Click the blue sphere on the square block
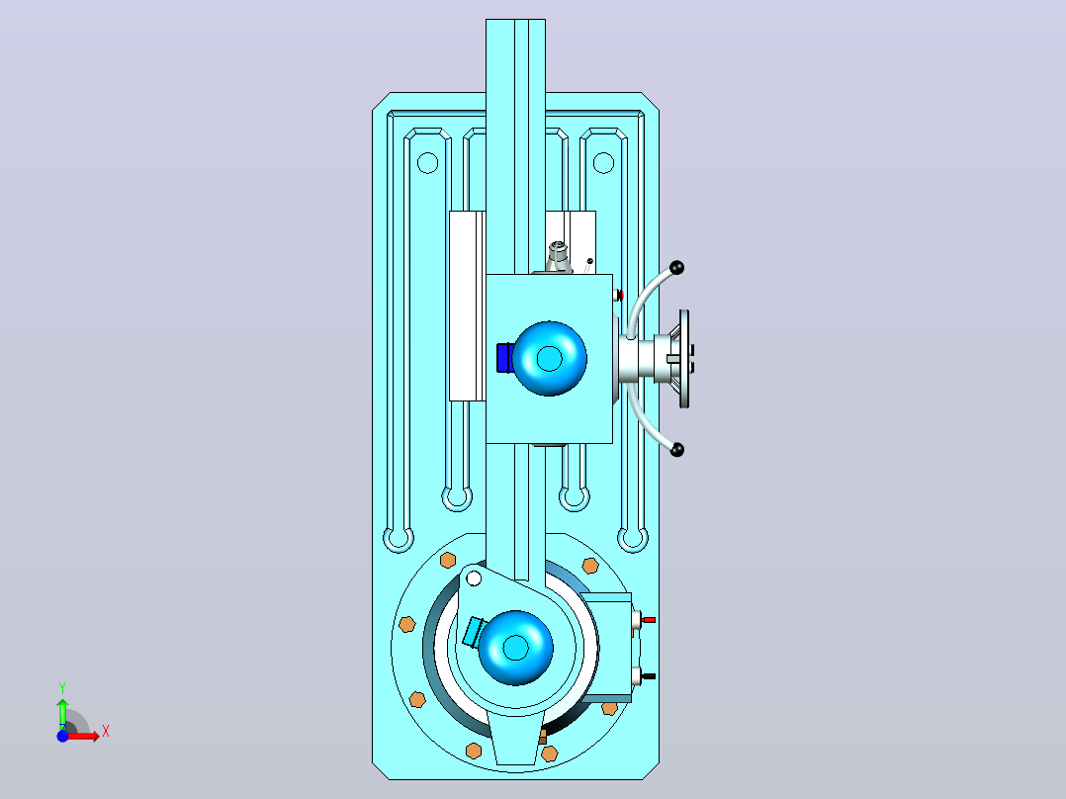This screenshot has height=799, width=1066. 550,358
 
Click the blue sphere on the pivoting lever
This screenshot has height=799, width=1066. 515,648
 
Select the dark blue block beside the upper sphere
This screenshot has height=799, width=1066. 504,358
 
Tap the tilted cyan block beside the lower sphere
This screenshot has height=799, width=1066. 472,632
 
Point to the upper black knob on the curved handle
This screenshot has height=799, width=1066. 676,267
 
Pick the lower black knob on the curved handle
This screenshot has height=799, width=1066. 677,450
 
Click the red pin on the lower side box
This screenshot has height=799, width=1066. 649,620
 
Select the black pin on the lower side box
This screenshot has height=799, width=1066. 649,676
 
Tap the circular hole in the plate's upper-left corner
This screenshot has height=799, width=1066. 427,163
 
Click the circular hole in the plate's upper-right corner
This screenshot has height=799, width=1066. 603,163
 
